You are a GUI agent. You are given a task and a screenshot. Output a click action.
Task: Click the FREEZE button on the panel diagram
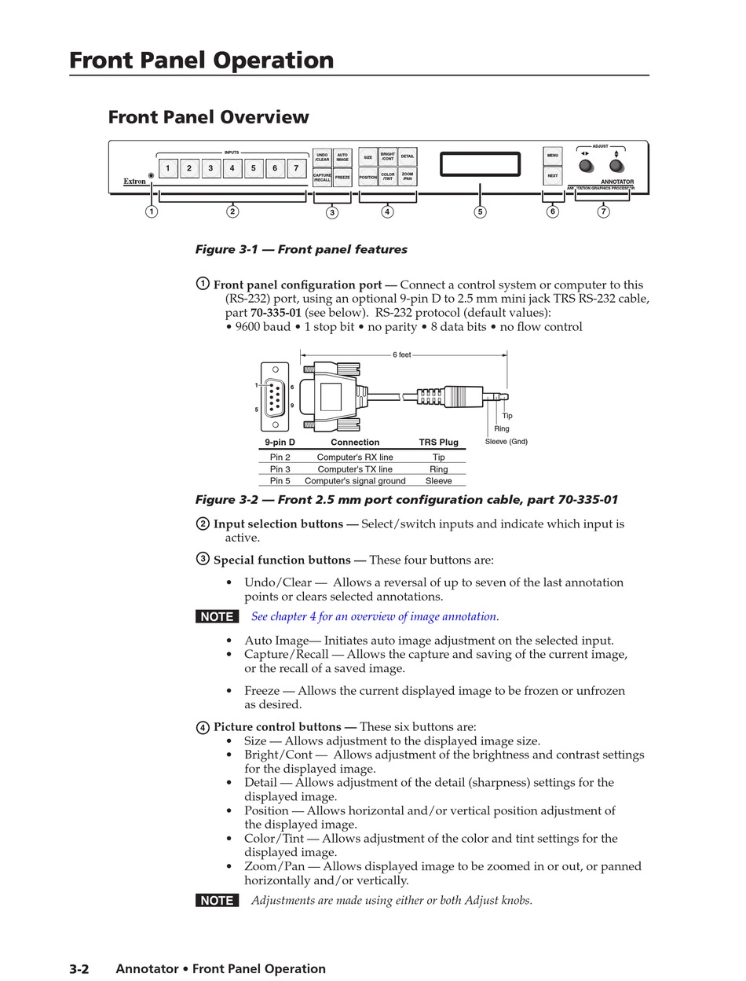pos(342,178)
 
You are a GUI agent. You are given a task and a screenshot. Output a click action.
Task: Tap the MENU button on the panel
pos(553,156)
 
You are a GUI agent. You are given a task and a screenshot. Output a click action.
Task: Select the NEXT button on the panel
pos(553,176)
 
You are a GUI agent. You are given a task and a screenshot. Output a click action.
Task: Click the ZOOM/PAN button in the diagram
pos(408,178)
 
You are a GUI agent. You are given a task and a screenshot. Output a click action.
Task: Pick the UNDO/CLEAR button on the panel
pos(322,157)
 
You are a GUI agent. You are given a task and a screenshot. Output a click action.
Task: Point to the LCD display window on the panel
pos(480,165)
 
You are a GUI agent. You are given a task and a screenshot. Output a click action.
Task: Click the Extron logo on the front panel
pos(134,182)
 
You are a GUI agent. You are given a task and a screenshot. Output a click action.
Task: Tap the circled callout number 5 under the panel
pos(480,211)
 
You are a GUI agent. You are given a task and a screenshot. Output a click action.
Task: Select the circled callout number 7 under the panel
pos(603,211)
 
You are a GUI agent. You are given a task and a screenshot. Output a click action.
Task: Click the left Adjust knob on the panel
pos(586,166)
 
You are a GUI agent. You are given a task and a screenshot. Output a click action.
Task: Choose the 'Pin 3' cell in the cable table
pos(280,469)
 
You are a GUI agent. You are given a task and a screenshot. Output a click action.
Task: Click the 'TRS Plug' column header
pos(438,443)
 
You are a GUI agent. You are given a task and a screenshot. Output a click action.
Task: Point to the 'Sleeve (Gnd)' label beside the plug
pos(506,442)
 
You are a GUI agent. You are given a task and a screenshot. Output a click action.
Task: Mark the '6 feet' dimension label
pos(401,355)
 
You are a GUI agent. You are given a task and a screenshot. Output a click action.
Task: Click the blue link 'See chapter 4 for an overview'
pos(375,616)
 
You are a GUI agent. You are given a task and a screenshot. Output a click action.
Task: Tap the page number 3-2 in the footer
pos(79,969)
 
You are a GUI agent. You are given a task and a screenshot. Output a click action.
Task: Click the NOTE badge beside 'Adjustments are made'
pos(217,901)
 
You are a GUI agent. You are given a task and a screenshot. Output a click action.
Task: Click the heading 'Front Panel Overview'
pos(208,117)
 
